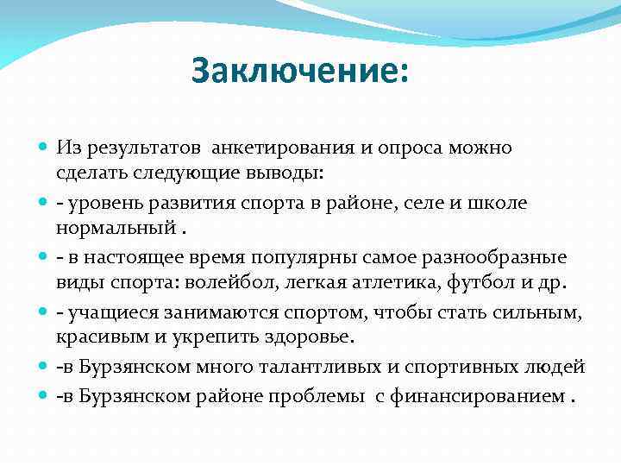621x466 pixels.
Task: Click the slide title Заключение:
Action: pos(298,72)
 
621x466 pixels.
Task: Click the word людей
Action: pos(560,367)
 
